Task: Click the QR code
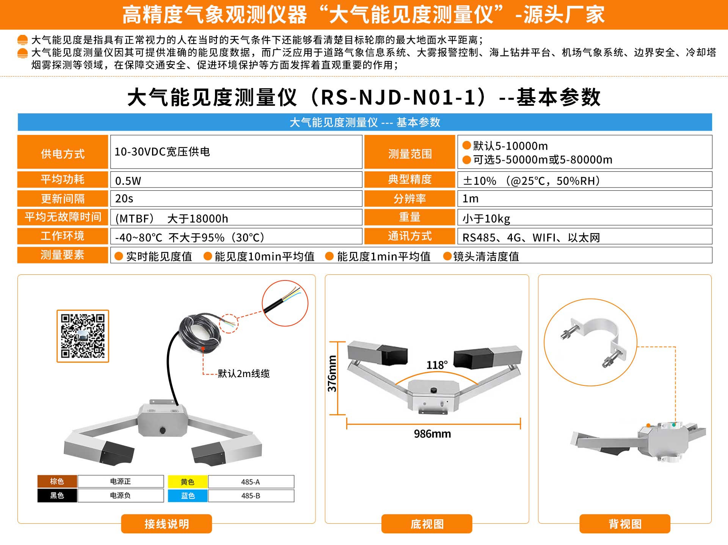(83, 336)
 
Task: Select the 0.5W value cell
(236, 180)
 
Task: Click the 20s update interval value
(236, 199)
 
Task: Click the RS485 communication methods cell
(585, 236)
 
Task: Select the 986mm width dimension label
(432, 434)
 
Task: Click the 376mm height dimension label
(332, 374)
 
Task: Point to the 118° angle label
(437, 365)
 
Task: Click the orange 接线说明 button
(166, 524)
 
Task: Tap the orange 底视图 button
(427, 524)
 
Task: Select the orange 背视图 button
(625, 524)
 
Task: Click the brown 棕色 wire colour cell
(57, 481)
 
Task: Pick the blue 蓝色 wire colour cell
(188, 496)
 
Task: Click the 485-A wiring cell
(251, 482)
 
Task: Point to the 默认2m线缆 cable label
(243, 374)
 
